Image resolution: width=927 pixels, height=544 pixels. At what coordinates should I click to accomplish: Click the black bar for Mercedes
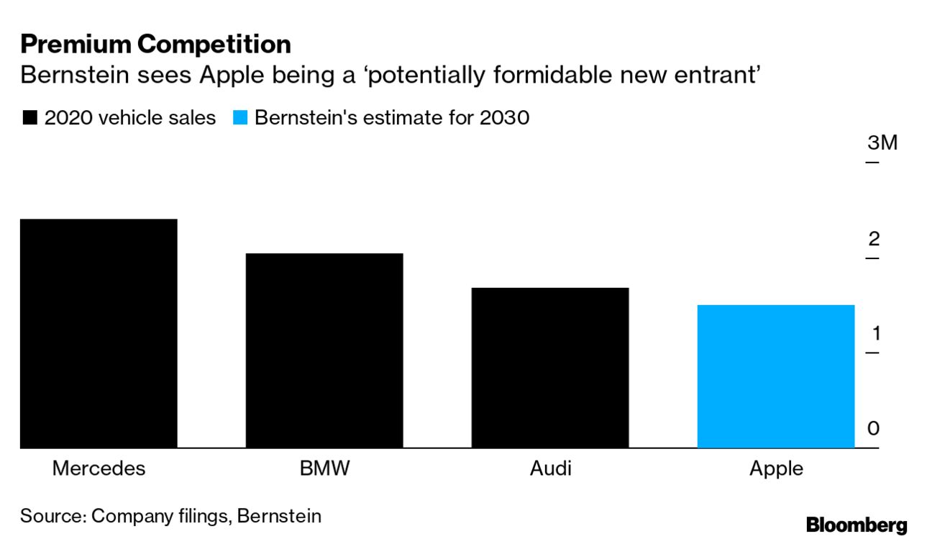99,333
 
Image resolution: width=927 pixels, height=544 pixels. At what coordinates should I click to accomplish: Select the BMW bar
324,350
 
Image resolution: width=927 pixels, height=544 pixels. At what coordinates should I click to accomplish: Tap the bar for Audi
550,368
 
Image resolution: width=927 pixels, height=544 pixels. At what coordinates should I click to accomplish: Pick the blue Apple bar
776,376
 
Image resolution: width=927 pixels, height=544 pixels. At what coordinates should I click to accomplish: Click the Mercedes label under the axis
99,468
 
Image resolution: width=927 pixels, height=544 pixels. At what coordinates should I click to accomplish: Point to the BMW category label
324,468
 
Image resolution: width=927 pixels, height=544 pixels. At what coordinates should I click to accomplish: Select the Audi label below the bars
550,468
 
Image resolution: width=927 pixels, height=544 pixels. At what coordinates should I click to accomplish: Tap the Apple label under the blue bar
776,468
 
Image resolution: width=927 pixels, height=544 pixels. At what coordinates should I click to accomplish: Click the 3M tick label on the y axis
882,142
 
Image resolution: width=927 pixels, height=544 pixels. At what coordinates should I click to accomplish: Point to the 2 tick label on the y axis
874,238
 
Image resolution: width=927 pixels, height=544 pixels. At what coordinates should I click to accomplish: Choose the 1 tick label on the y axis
875,333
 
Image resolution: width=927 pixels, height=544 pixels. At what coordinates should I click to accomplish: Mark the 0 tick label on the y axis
874,428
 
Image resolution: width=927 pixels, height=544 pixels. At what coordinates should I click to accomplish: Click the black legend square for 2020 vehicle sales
29,118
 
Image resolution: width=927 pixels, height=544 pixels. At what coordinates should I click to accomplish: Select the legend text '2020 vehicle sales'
130,117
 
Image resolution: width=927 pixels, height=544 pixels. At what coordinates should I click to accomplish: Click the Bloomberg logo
857,525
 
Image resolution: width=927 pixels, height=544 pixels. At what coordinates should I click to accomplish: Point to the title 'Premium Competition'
155,45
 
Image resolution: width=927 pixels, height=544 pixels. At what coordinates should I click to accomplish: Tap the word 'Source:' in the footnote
52,515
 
